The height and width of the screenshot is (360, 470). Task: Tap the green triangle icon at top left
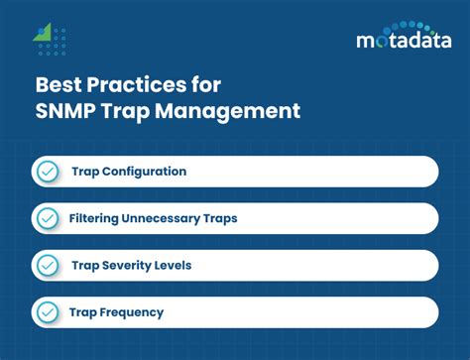[42, 33]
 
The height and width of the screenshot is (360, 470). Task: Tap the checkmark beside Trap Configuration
[47, 172]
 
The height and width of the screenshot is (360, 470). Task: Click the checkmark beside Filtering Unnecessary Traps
[47, 218]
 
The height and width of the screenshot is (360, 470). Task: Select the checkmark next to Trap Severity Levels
[47, 265]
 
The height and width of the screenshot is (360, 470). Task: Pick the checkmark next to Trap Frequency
[47, 311]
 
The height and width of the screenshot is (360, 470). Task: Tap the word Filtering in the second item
[98, 218]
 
